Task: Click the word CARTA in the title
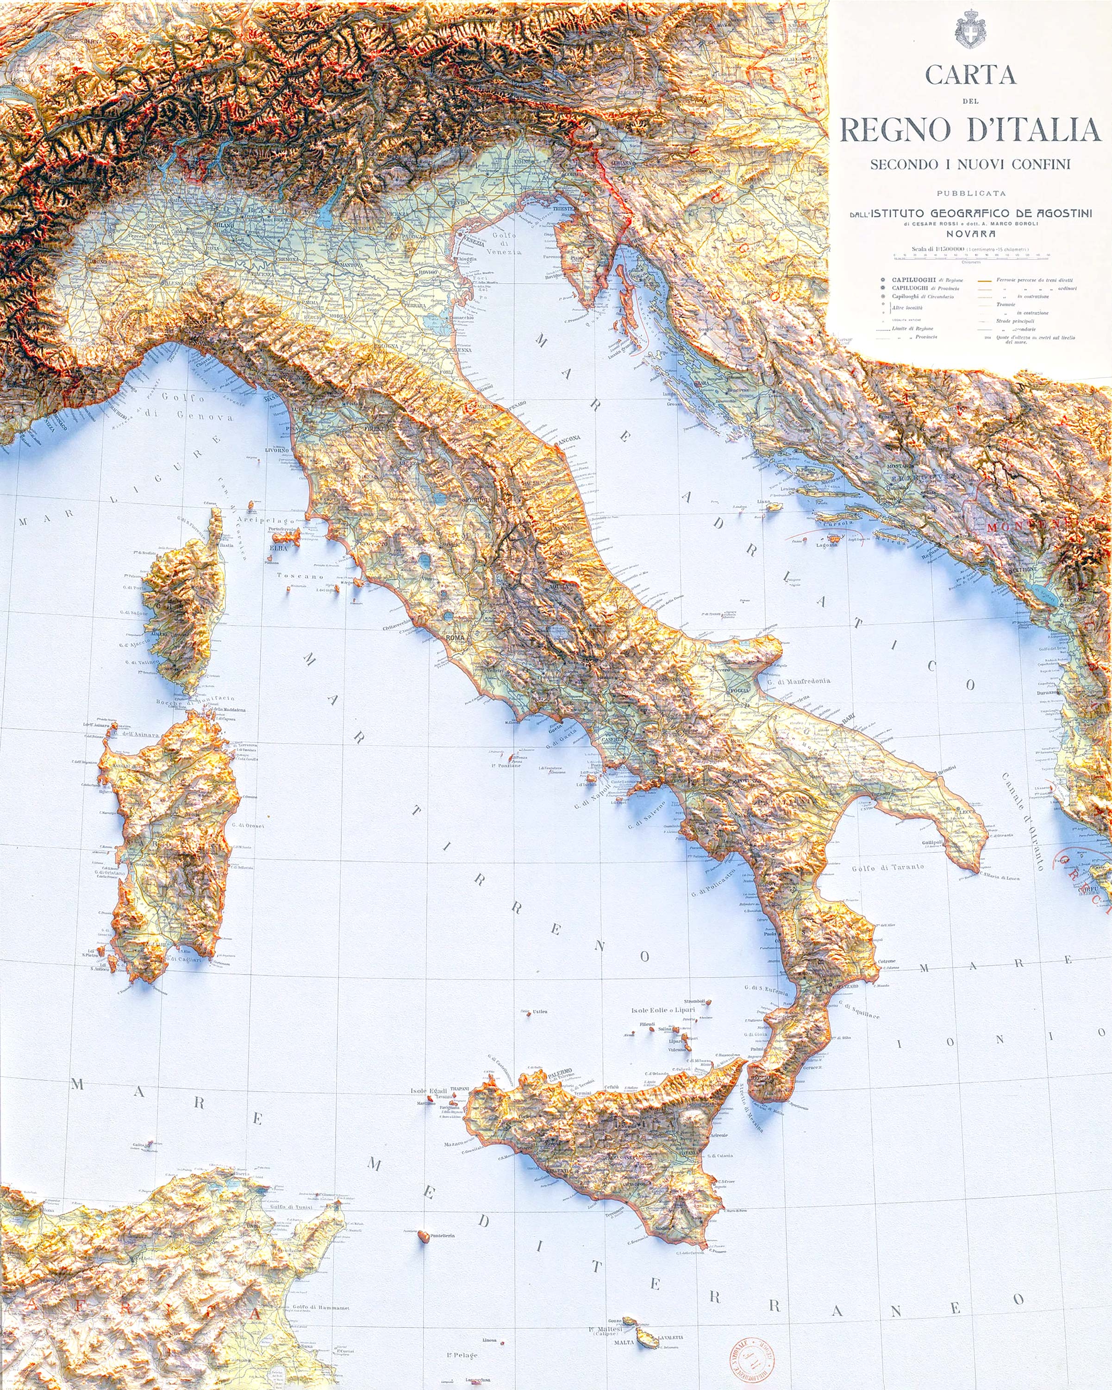point(970,76)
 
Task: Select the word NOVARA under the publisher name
point(971,234)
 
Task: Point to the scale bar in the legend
point(971,256)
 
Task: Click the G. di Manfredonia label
point(798,681)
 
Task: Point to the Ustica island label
point(540,1011)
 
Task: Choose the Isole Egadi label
point(428,1091)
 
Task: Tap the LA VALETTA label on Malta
point(670,1338)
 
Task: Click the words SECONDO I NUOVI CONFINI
point(970,164)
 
